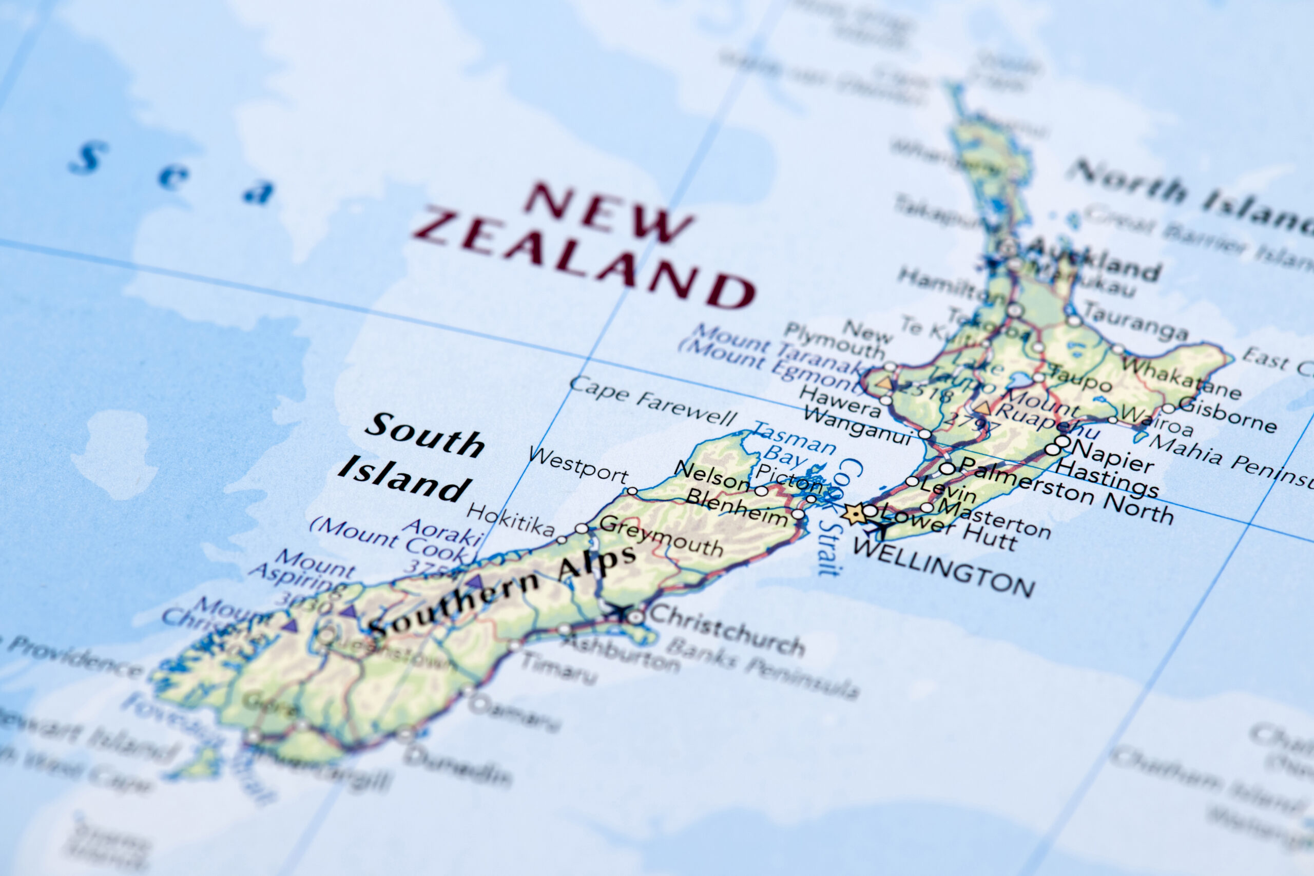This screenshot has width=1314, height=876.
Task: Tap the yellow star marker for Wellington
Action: [x=854, y=513]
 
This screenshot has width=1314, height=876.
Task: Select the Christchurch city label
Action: [x=726, y=630]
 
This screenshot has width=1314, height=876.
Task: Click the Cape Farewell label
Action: [x=652, y=401]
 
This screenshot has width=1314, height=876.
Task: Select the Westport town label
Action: [x=578, y=465]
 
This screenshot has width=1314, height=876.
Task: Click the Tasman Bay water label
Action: [x=794, y=445]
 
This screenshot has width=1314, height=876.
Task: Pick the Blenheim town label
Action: [x=737, y=505]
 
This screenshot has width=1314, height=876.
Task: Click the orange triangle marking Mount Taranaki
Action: [x=884, y=383]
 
